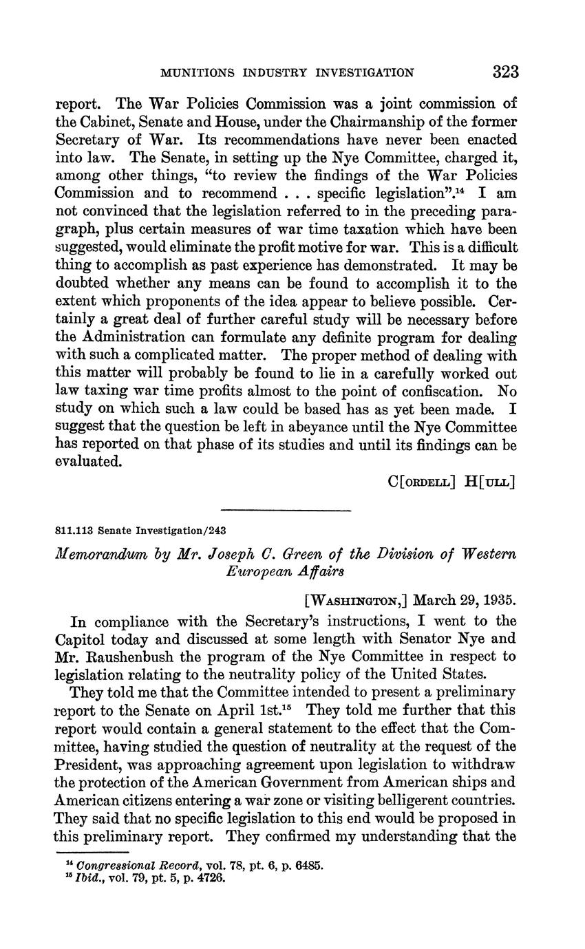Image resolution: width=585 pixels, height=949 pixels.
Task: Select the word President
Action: pyautogui.click(x=87, y=765)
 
